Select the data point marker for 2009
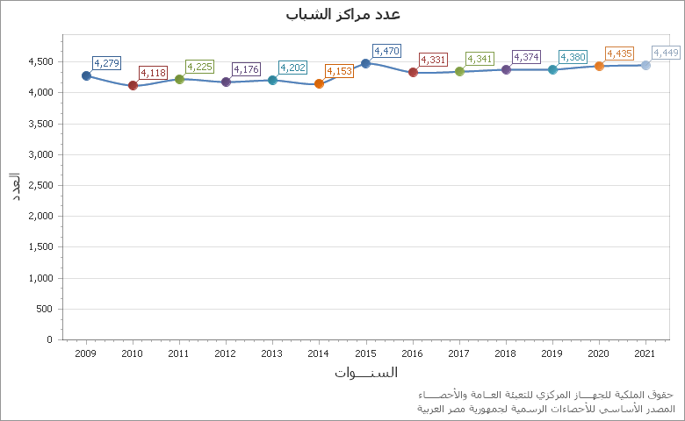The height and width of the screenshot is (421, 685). pyautogui.click(x=86, y=75)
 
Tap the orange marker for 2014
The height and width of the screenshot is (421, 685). pyautogui.click(x=319, y=83)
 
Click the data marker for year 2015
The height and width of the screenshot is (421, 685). pyautogui.click(x=365, y=63)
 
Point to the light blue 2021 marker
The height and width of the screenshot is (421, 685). pyautogui.click(x=645, y=65)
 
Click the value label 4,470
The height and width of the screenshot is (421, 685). pyautogui.click(x=386, y=52)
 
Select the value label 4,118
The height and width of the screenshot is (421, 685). pyautogui.click(x=153, y=73)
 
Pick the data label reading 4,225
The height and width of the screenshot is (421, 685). pyautogui.click(x=199, y=67)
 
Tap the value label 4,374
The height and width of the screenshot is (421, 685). pyautogui.click(x=526, y=58)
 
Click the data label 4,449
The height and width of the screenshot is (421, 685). pyautogui.click(x=666, y=54)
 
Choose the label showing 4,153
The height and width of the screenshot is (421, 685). pyautogui.click(x=339, y=71)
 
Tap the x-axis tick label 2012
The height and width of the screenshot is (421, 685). pyautogui.click(x=226, y=353)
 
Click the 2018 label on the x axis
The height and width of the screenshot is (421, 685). pyautogui.click(x=505, y=353)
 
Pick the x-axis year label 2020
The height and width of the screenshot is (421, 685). pyautogui.click(x=598, y=353)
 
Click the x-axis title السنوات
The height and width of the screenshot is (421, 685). pyautogui.click(x=365, y=373)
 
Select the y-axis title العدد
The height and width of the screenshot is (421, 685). pyautogui.click(x=16, y=186)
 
